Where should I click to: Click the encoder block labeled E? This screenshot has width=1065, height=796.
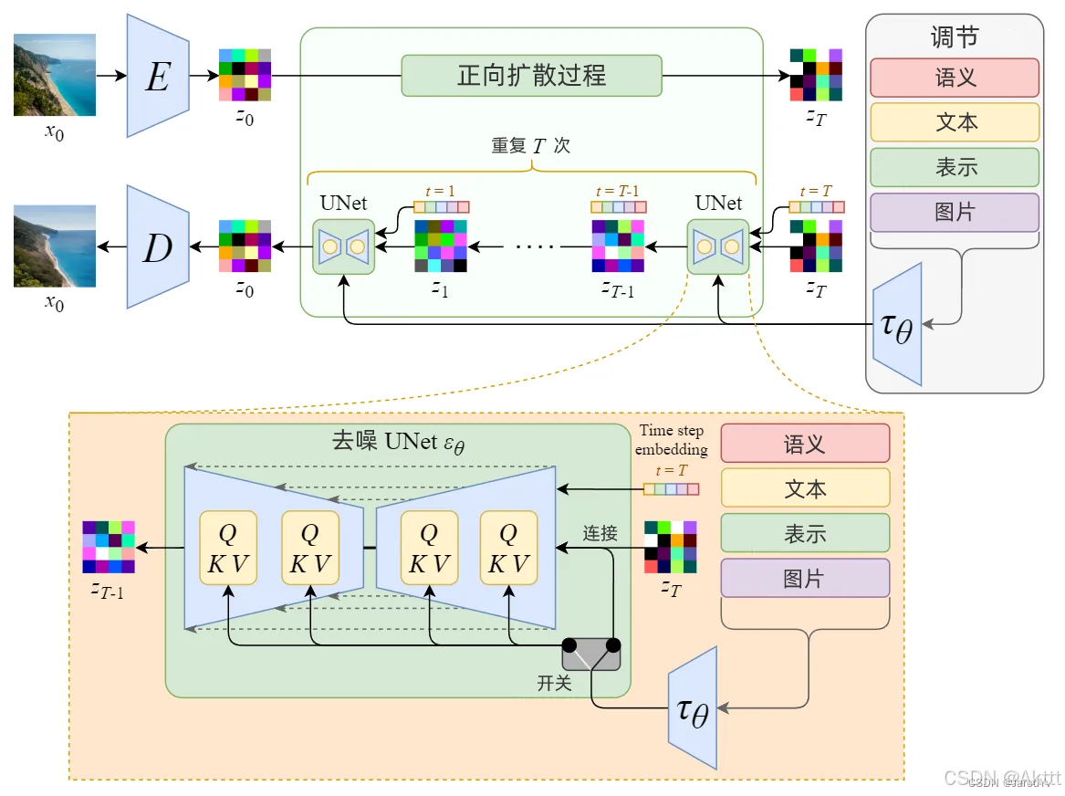157,76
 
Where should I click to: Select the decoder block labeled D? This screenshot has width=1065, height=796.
157,246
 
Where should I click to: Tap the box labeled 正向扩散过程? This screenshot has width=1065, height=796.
531,75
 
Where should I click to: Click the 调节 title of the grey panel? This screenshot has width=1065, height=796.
954,37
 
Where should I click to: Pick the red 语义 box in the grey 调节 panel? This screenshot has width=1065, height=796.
955,78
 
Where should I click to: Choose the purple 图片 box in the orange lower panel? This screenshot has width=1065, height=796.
804,578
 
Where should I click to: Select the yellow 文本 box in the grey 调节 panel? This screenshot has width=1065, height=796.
955,122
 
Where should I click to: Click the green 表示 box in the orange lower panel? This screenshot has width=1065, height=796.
804,533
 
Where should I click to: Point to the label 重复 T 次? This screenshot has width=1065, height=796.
530,146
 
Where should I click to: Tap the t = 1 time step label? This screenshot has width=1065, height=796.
440,192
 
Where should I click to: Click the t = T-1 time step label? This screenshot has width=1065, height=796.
617,192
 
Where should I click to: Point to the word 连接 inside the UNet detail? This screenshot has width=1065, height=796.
600,533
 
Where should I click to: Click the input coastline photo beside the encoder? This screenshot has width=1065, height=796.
55,75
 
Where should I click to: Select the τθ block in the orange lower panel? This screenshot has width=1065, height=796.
693,707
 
